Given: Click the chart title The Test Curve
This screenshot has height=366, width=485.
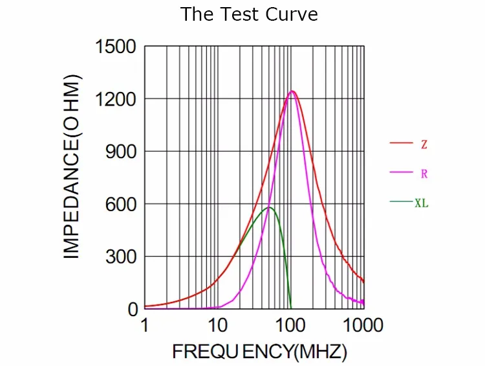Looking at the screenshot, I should [249, 14].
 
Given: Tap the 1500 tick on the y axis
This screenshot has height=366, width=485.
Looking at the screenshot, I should [116, 47].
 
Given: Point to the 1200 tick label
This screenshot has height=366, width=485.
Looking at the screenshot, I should [116, 99].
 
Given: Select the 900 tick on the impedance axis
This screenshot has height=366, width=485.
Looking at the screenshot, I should [122, 152].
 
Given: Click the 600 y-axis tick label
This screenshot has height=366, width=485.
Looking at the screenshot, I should [122, 204].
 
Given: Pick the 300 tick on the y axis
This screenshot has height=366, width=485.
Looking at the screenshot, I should [122, 257].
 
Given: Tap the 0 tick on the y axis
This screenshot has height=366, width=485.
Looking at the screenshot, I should [133, 309].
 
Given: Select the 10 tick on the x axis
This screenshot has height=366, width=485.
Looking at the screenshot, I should [218, 325].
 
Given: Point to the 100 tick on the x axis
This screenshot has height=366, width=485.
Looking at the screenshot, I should [291, 325].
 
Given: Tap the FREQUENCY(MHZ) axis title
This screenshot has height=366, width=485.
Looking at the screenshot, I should [259, 352].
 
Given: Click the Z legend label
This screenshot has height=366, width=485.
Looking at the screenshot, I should [424, 144].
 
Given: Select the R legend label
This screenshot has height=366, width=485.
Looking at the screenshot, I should [424, 174].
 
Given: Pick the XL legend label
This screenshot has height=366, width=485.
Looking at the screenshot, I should [422, 203].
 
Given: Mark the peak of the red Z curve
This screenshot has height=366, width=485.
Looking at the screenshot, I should [292, 91].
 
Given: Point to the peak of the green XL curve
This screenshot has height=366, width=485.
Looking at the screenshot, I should [269, 207].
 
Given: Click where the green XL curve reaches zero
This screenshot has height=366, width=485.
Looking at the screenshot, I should [291, 308].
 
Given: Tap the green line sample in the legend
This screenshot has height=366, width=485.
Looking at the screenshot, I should [401, 202].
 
